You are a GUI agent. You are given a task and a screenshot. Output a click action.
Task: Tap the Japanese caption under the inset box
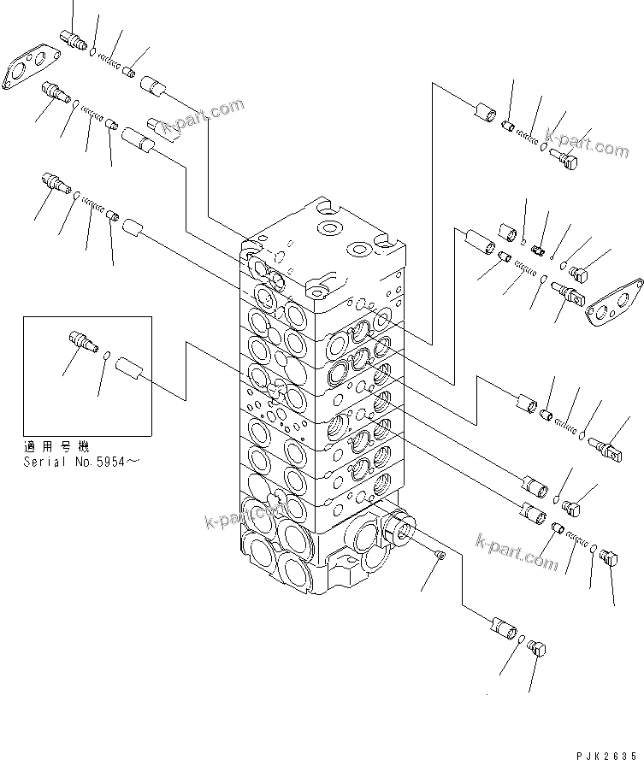tap(57, 447)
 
